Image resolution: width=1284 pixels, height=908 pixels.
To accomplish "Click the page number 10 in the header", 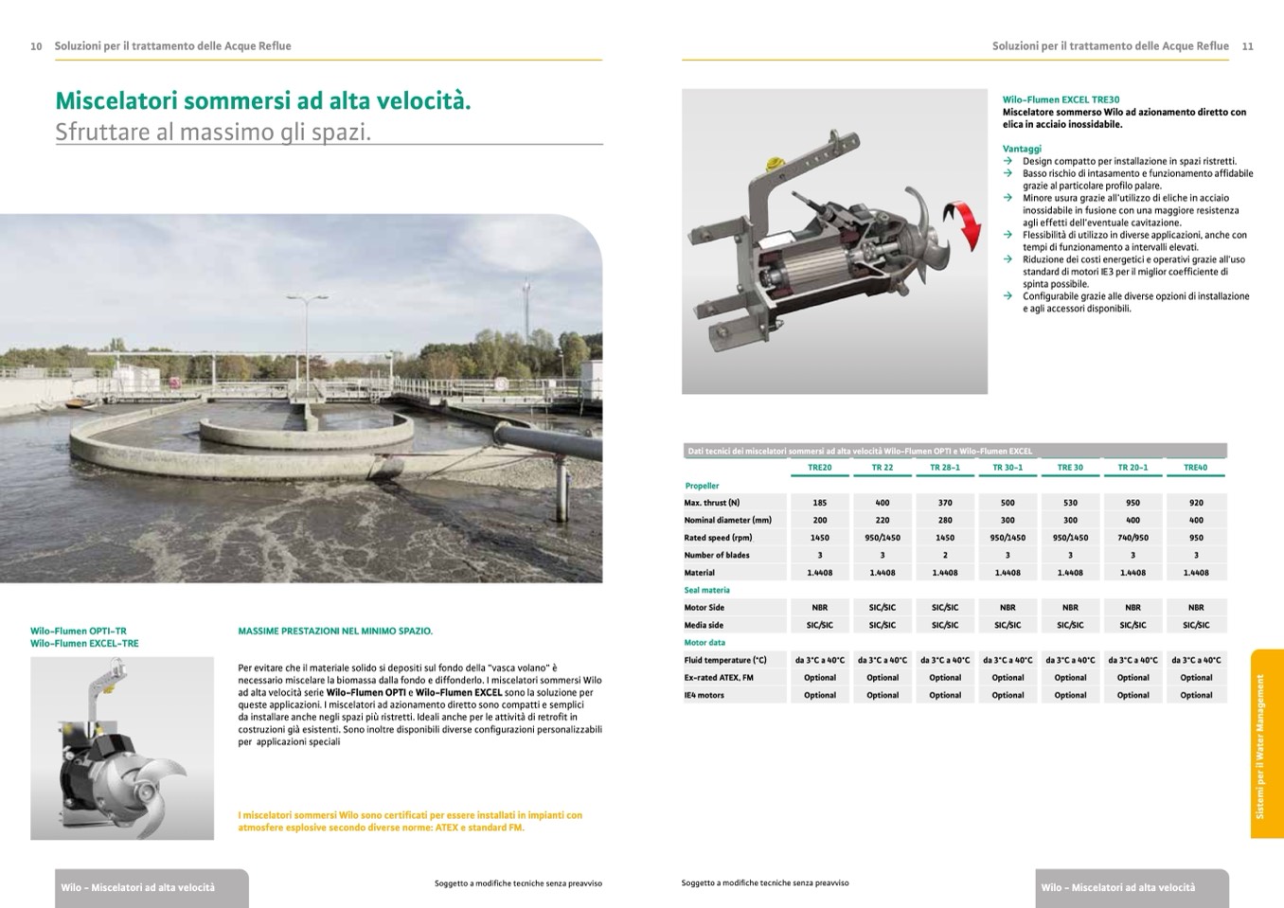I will pos(36,46).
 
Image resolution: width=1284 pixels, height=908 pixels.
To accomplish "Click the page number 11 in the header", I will pos(1247,46).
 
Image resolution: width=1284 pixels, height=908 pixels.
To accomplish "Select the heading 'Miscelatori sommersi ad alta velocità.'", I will pos(262,100).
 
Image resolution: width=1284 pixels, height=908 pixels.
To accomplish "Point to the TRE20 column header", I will pos(819,468).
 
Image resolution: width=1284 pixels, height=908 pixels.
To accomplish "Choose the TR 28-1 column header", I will pos(944,468).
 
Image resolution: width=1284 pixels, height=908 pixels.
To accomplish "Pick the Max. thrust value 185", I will pos(819,503).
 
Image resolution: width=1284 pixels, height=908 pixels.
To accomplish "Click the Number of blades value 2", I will pos(944,555).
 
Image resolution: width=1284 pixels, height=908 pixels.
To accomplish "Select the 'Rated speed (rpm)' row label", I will pos(718,538).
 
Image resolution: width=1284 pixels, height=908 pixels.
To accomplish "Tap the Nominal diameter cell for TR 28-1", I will pos(944,520).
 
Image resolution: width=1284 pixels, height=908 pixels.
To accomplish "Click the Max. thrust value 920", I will pos(1196,503).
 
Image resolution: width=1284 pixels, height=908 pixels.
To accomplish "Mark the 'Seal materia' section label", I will pos(706,590).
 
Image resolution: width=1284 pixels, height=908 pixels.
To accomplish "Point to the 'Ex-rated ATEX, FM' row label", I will pos(718,678).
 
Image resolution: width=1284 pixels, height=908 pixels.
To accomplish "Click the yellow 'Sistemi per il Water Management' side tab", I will pos(1265,744).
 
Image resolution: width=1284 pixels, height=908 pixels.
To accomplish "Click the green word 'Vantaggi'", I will pos(1022,149).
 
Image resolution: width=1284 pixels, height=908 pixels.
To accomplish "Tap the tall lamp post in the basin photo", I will pos(308,341).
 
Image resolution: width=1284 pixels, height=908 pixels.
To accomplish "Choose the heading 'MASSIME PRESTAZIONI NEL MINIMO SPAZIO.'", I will pos(335,631).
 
